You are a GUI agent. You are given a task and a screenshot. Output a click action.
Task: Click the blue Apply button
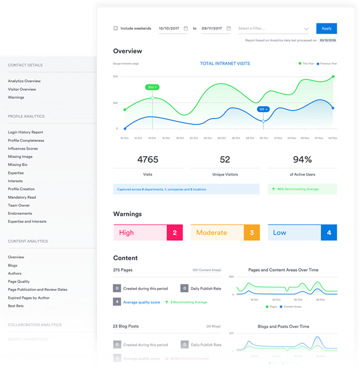(x=327, y=28)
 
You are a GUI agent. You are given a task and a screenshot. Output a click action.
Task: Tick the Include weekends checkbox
(x=115, y=28)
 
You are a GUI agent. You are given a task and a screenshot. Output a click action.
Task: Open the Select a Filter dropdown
(x=273, y=28)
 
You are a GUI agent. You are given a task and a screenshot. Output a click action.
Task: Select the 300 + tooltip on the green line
(x=152, y=87)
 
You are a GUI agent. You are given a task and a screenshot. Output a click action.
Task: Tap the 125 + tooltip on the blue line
(x=263, y=109)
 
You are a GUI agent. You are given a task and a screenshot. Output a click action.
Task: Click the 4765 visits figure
(x=147, y=160)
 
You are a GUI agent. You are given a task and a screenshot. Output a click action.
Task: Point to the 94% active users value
(x=302, y=160)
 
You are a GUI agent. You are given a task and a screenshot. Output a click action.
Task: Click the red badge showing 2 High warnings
(x=174, y=232)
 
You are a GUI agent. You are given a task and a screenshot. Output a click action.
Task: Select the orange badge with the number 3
(x=252, y=232)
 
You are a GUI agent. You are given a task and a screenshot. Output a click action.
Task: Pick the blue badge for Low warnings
(x=329, y=232)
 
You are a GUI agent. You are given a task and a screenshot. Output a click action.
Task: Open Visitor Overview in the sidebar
(x=22, y=89)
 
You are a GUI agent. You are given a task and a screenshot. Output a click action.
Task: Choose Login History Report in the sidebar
(x=25, y=132)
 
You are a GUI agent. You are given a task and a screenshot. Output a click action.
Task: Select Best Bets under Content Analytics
(x=16, y=306)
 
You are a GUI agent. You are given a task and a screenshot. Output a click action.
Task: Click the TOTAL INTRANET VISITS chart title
(x=225, y=63)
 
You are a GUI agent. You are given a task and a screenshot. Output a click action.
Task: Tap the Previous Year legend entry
(x=327, y=63)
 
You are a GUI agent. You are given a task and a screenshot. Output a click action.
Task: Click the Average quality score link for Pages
(x=142, y=302)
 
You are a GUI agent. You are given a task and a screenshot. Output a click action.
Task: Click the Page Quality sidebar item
(x=19, y=281)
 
